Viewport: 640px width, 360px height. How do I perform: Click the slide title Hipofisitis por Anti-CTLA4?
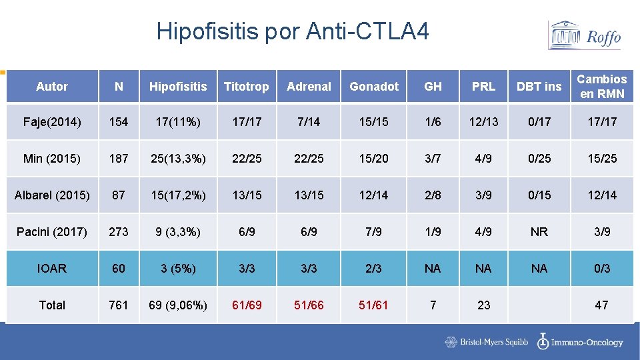293,31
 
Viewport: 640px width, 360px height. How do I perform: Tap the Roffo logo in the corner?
585,35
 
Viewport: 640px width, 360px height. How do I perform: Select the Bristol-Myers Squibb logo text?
487,342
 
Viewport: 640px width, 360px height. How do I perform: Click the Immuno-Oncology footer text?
580,342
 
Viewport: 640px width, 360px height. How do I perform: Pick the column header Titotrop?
246,87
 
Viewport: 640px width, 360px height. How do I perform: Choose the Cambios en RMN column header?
601,87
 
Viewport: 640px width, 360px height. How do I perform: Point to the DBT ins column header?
539,87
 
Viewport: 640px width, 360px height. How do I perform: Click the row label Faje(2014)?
52,122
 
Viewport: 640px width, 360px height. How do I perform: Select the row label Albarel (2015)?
52,195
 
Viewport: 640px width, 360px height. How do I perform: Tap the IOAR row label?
52,269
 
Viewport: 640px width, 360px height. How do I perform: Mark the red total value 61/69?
246,305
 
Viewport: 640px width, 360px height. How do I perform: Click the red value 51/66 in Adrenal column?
309,305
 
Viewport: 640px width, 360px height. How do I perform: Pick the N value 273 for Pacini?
119,232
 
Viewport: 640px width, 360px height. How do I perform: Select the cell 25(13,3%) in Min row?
178,159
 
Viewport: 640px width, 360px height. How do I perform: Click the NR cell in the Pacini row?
539,232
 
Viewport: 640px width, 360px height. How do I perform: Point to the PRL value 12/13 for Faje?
483,122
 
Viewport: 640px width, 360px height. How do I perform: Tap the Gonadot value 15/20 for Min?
373,159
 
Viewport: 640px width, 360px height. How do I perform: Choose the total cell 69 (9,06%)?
178,305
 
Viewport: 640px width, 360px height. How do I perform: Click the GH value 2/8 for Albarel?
433,195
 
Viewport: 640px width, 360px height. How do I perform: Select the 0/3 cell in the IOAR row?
601,269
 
